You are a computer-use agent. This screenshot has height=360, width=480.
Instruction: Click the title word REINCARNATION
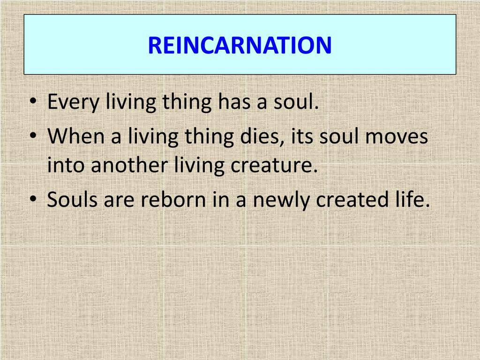click(x=240, y=45)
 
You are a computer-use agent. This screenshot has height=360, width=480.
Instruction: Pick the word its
click(x=300, y=136)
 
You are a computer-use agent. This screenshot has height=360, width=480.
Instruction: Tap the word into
click(x=63, y=165)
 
